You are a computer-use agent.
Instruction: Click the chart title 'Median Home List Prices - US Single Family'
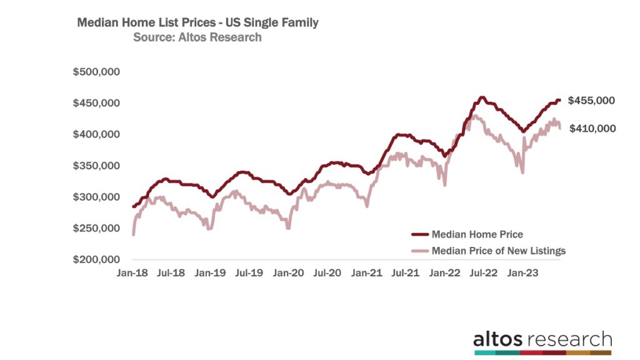click(x=197, y=22)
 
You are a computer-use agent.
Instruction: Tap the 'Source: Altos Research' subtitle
click(x=197, y=37)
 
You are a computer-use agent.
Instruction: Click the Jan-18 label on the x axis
click(x=133, y=273)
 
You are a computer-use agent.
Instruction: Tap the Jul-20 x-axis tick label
click(x=326, y=273)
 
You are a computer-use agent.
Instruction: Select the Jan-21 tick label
click(x=366, y=273)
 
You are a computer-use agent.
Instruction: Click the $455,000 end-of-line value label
click(x=591, y=101)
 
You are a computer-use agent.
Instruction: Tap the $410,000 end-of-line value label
click(x=591, y=129)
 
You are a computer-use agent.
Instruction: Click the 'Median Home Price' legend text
click(x=477, y=234)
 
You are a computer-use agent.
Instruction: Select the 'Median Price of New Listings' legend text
click(x=498, y=251)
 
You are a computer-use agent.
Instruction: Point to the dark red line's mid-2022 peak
click(x=481, y=97)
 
